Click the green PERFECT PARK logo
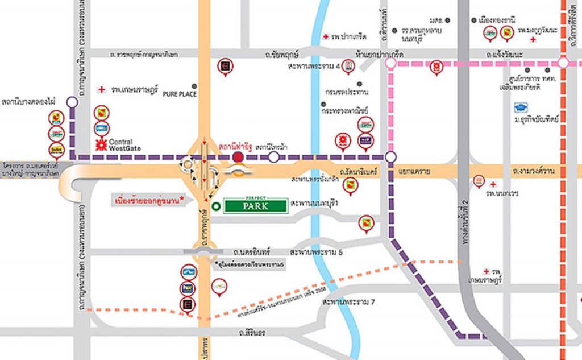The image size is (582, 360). pyautogui.click(x=255, y=204)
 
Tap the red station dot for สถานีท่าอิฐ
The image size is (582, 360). pyautogui.click(x=238, y=157)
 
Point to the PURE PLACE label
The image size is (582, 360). pyautogui.click(x=180, y=94)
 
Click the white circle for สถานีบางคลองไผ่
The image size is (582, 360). pyautogui.click(x=72, y=102)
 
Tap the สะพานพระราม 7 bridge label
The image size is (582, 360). pyautogui.click(x=348, y=302)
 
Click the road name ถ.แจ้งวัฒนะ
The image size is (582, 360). pyautogui.click(x=506, y=54)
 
